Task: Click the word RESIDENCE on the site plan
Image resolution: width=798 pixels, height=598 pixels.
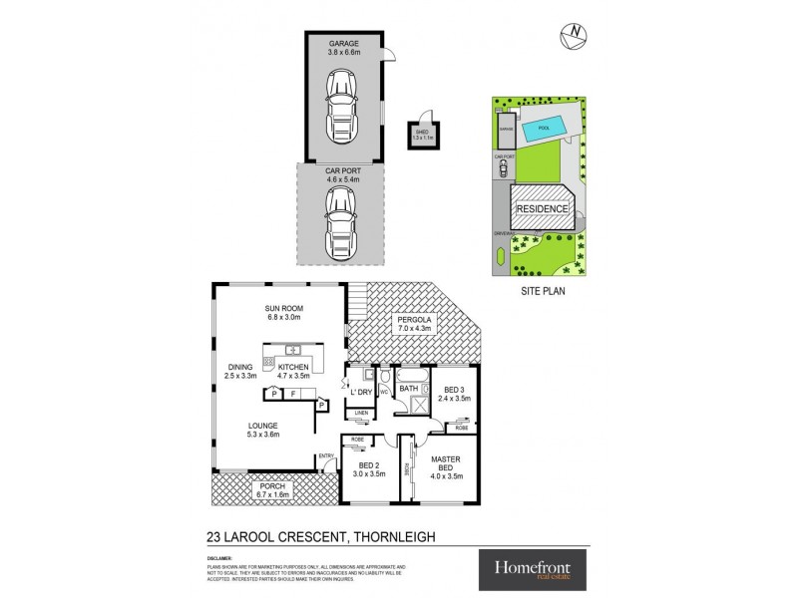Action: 543,209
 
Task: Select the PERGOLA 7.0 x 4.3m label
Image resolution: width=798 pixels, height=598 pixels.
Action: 418,323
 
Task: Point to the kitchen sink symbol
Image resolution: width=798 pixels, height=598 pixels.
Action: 294,350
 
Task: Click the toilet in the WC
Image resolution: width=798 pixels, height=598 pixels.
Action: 382,379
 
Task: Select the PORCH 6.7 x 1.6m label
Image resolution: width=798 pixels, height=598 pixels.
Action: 270,489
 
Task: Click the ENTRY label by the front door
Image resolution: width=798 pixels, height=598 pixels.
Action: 326,457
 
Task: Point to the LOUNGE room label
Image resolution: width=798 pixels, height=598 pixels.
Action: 264,429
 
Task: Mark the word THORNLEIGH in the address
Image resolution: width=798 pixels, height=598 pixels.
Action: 405,535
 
